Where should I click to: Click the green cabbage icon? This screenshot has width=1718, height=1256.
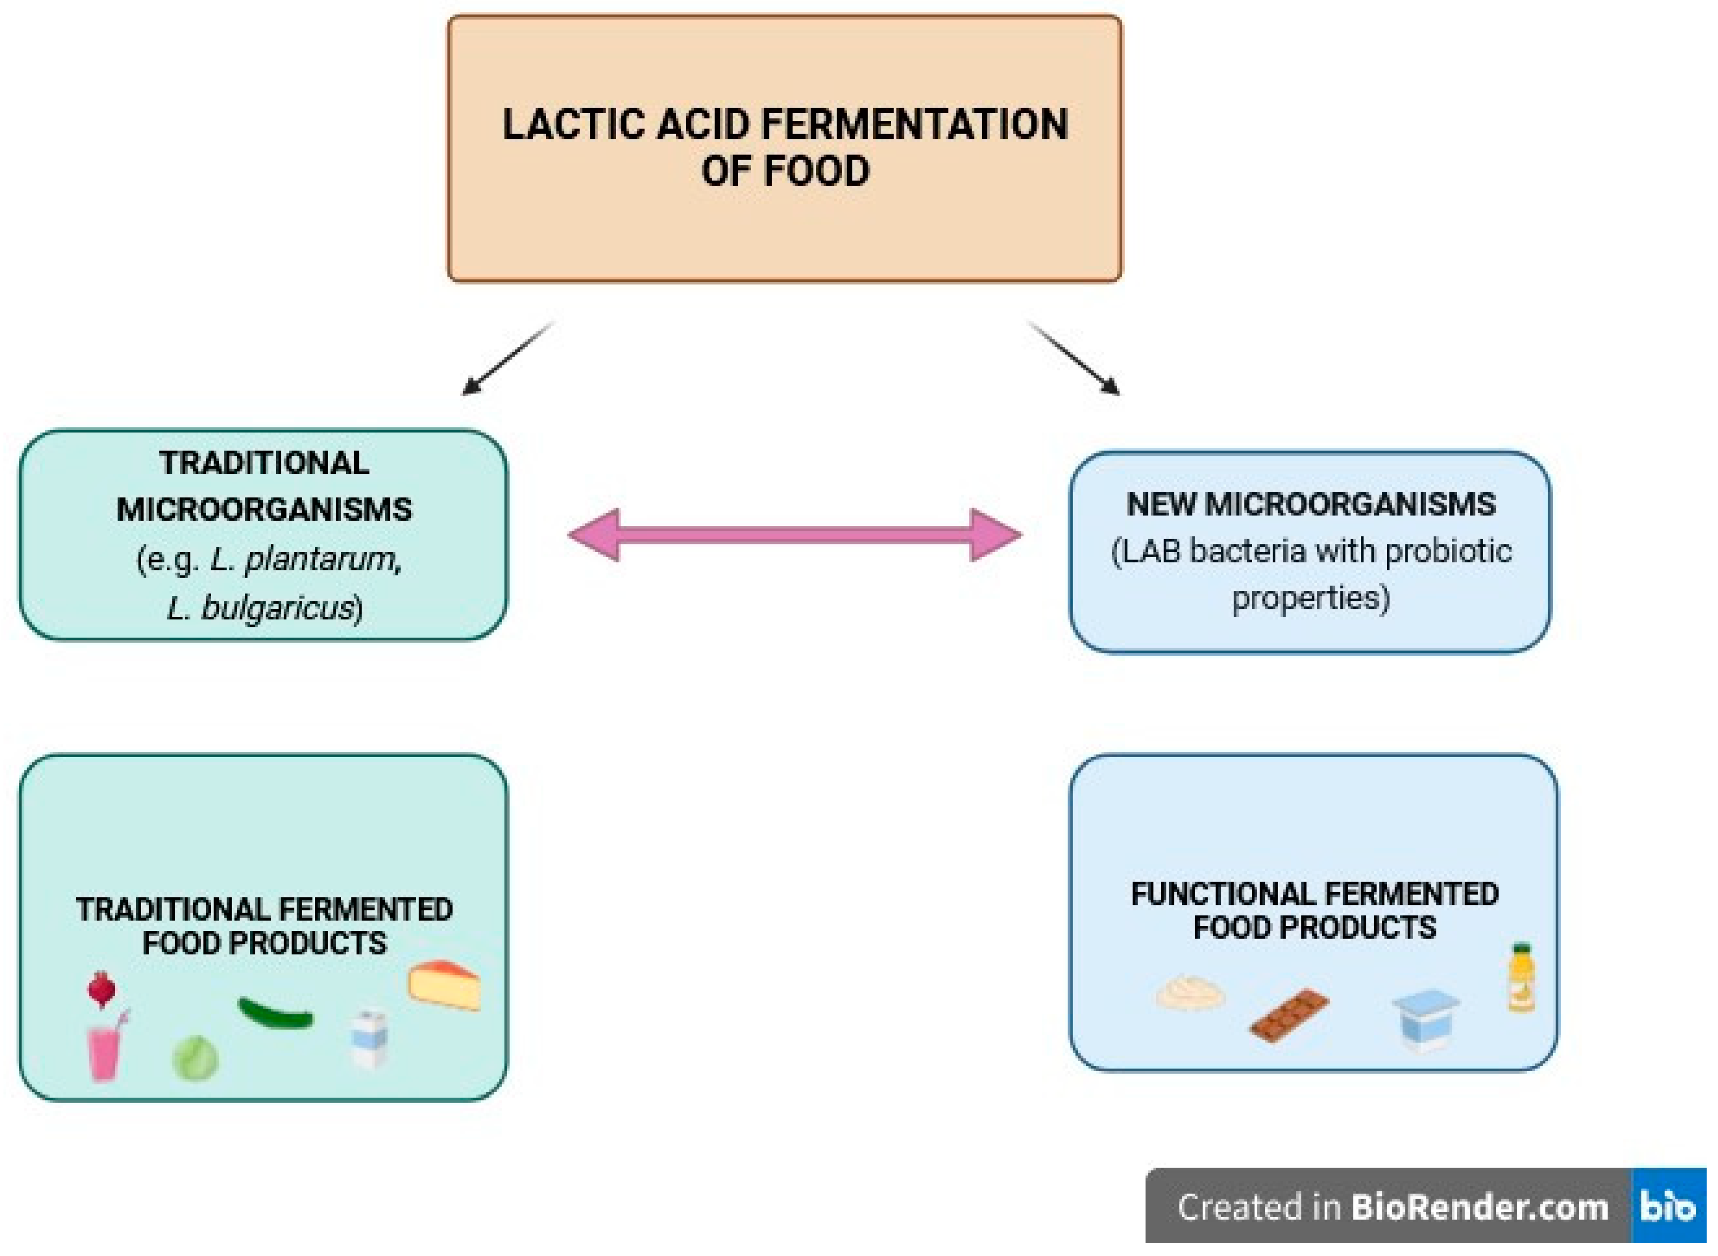point(195,1058)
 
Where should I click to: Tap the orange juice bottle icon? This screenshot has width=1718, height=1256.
point(1521,978)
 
